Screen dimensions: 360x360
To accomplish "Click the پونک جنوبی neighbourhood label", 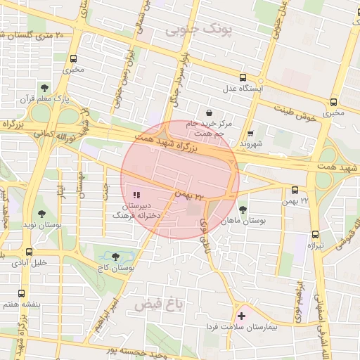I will pos(198,31).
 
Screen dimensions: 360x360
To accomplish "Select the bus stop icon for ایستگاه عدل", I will pos(243,78).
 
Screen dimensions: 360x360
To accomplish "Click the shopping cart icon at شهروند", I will pos(251,133).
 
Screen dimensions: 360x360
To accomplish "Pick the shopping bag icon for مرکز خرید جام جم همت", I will pos(209,112).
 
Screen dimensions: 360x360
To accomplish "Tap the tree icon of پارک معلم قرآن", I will pos(45,89).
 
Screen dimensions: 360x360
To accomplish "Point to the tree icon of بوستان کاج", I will pos(116,257).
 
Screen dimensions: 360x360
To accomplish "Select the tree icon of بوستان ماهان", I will pos(243,209).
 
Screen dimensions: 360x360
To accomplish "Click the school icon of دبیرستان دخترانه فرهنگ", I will pos(136,194).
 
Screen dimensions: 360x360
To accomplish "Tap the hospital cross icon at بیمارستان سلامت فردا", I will pos(243,316).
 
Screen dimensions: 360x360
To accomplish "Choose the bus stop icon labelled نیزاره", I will pos(314,234).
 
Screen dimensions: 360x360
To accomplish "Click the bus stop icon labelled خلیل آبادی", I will pos(29,252).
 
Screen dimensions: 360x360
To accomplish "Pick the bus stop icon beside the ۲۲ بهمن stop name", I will pos(294,190).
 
